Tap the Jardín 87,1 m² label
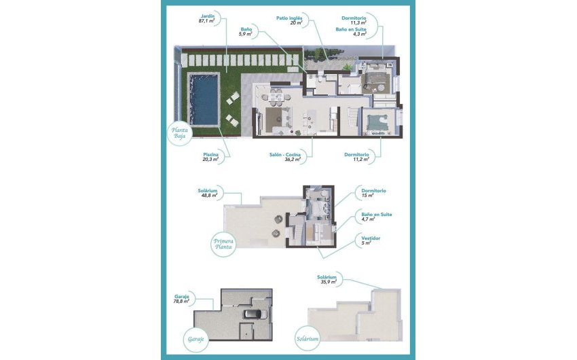pos(206,18)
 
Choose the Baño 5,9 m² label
pos(246,33)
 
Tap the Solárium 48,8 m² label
pos(208,194)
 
